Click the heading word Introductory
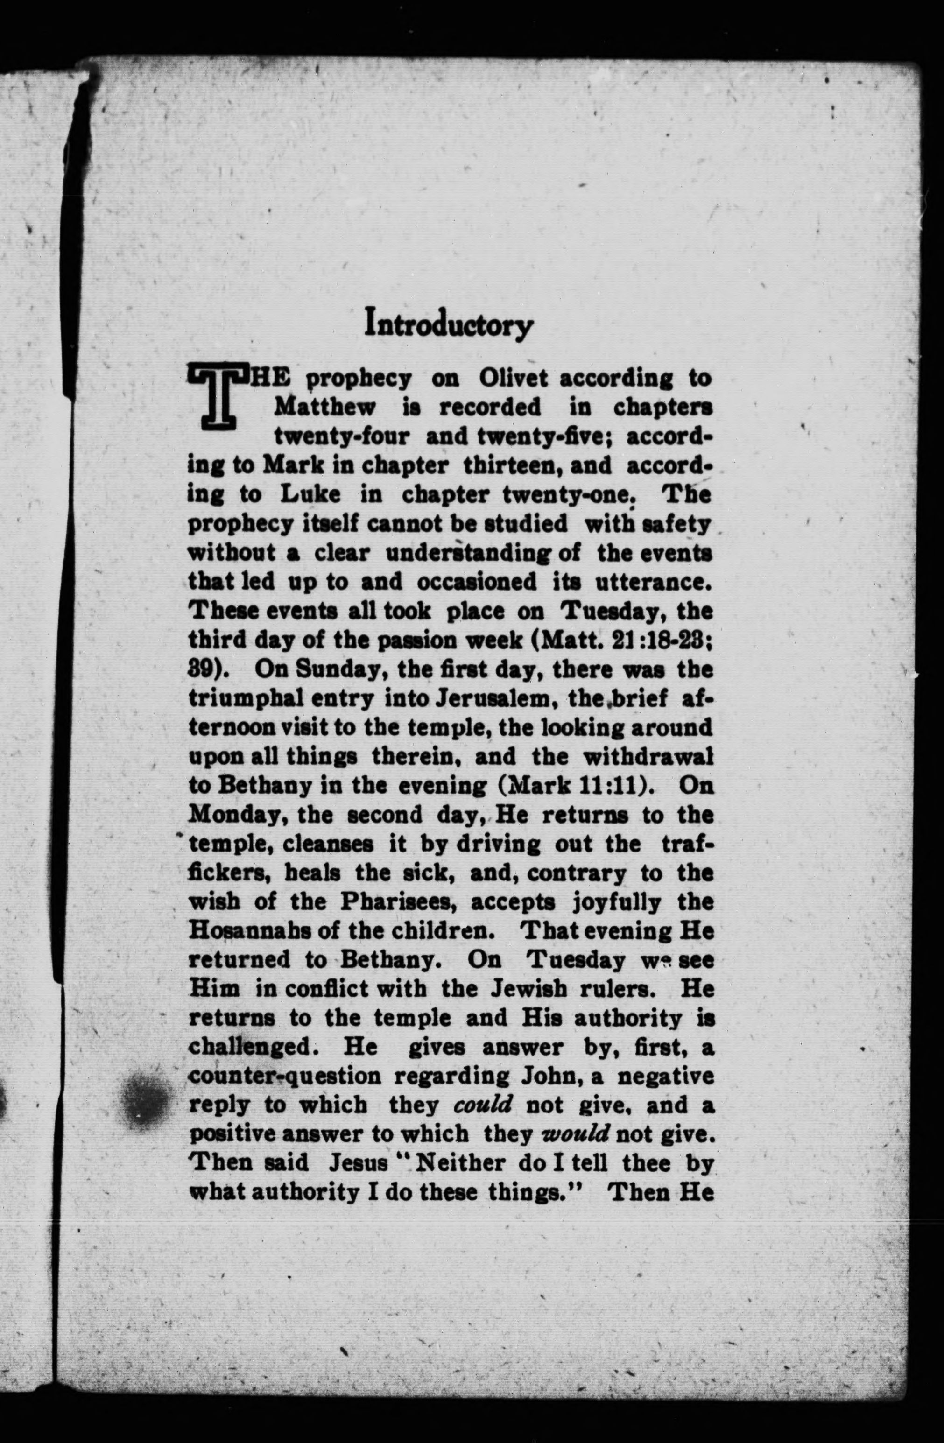pos(449,325)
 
